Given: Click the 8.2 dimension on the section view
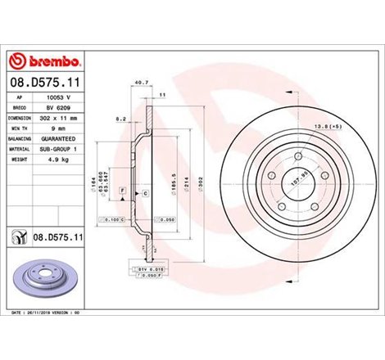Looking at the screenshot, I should (x=121, y=119).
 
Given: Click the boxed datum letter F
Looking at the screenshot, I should (x=122, y=190).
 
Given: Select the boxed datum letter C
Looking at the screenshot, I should (x=145, y=192).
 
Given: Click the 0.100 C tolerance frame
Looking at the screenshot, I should (x=113, y=221).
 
